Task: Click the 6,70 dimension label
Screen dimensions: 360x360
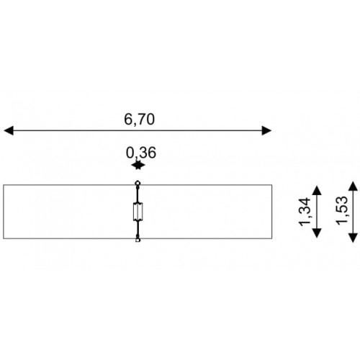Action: coord(139,120)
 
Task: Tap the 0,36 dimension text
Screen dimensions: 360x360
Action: coord(141,153)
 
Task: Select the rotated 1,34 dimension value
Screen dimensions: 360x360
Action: coord(305,212)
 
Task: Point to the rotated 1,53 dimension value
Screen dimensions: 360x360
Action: coord(342,211)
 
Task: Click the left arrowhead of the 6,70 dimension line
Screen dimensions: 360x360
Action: coord(9,130)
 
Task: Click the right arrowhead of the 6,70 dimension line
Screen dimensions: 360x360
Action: coord(266,130)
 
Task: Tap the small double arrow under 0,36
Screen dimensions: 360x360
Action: coord(138,166)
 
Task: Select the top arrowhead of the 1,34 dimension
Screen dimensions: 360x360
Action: coord(317,191)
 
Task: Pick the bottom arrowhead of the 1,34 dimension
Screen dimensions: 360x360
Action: coord(317,233)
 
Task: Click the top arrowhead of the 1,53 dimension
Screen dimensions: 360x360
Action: coord(353,186)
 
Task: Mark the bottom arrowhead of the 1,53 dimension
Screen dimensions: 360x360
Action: coord(353,238)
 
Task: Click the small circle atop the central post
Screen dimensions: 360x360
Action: coord(138,184)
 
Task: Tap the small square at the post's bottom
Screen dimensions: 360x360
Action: coord(138,240)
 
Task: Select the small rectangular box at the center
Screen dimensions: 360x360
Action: coord(138,212)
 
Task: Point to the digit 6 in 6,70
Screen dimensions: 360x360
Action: coord(128,120)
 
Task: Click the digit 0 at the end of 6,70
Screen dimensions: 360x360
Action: coord(150,120)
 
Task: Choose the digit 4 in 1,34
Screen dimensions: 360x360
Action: coord(305,202)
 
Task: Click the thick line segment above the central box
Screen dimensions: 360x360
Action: coord(138,194)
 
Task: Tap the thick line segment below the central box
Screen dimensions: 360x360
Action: coord(138,229)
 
